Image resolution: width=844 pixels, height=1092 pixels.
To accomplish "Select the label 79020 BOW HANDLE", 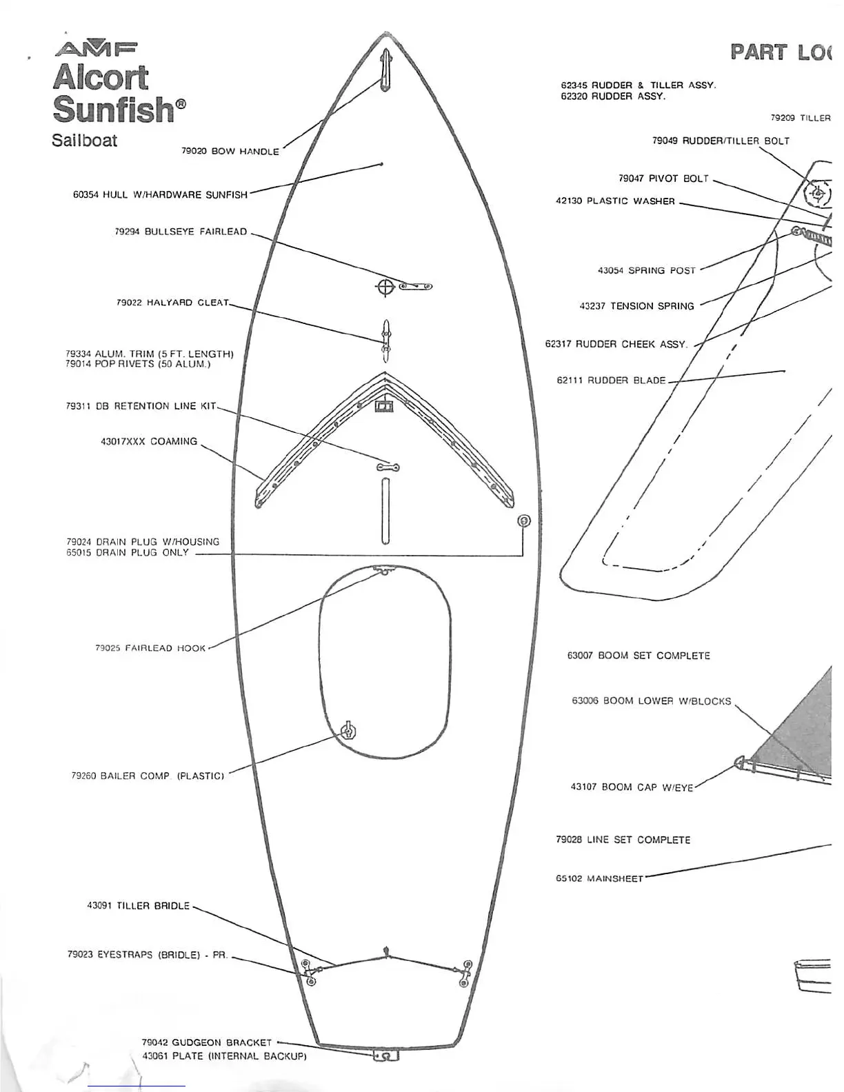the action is tap(230, 151).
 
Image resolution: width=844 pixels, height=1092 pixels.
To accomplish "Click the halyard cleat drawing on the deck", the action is tap(386, 339).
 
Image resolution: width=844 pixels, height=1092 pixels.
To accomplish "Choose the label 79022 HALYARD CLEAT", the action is tap(172, 303).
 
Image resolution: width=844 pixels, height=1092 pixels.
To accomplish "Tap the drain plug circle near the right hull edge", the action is tap(523, 520).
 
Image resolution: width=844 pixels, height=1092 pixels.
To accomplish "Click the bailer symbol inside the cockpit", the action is tap(349, 731).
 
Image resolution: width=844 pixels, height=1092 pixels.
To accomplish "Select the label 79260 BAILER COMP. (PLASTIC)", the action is tap(148, 776).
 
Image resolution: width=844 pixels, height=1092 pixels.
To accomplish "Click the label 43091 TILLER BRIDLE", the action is tap(138, 906).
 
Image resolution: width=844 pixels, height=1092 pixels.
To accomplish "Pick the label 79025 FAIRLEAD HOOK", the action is tap(150, 648).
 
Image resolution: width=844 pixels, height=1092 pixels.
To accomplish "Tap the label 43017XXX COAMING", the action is tap(149, 441).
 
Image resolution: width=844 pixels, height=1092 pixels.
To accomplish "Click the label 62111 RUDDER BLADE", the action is tap(611, 380).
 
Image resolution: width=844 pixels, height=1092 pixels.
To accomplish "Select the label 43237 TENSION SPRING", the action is tap(636, 306).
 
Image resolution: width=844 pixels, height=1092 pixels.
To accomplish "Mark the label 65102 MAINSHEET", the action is tap(599, 878).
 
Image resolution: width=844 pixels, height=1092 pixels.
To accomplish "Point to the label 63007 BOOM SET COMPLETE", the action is tap(639, 656).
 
